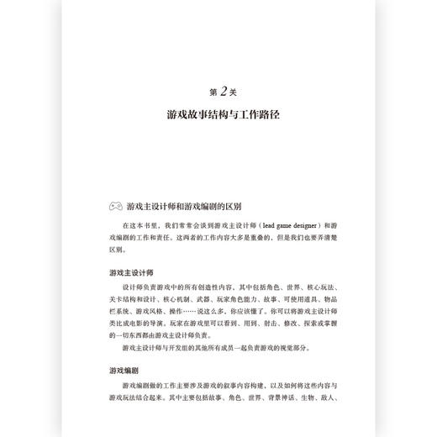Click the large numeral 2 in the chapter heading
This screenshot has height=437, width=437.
coord(219,90)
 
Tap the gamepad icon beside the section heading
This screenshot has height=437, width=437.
coord(114,205)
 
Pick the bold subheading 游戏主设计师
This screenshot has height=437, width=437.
coord(129,273)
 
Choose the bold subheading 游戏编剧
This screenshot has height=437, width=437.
coord(124,370)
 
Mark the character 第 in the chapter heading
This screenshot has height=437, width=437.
coord(208,91)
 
